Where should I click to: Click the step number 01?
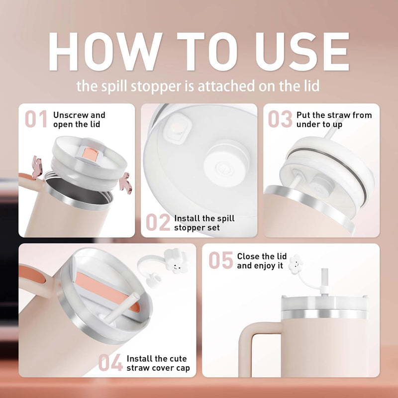point(36,119)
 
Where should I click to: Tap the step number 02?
point(158,222)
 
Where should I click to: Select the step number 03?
point(280,119)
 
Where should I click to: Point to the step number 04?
point(110,363)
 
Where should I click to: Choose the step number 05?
point(220,260)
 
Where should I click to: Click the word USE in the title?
point(302,52)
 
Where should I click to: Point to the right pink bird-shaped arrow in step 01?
point(126,183)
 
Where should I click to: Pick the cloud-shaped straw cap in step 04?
point(176,262)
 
